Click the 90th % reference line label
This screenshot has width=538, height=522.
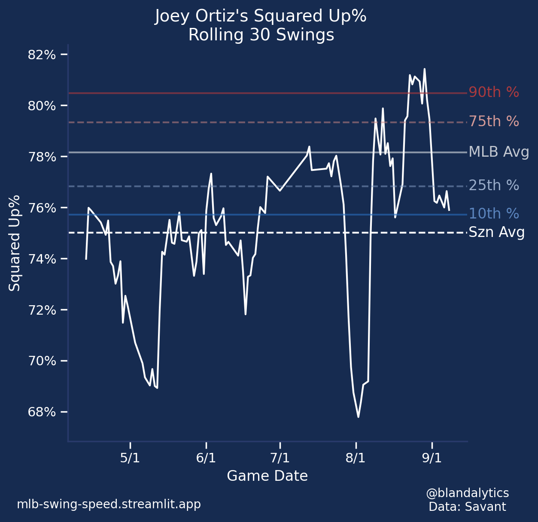[493, 92]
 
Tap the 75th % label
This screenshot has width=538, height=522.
[493, 121]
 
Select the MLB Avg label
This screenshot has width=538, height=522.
[498, 152]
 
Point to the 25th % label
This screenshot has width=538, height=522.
[493, 185]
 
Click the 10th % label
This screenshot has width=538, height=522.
[493, 214]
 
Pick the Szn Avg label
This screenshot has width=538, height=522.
[496, 232]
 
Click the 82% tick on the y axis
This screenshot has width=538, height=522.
[42, 55]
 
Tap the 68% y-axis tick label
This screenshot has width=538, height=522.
[42, 412]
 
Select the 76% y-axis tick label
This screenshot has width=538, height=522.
[42, 208]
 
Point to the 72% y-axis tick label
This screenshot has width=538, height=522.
[42, 310]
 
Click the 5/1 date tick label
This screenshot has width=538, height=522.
[130, 458]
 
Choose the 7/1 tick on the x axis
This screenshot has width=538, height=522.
[280, 458]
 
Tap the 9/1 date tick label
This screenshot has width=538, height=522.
[432, 458]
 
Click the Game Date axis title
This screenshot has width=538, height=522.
[267, 476]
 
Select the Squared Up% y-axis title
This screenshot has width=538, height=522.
[15, 243]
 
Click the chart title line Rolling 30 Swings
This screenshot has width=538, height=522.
[261, 35]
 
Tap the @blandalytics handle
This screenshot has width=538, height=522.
[467, 493]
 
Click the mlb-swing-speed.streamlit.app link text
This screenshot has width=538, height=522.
[109, 504]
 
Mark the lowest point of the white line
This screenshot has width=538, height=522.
[358, 417]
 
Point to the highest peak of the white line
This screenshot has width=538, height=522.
[424, 69]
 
